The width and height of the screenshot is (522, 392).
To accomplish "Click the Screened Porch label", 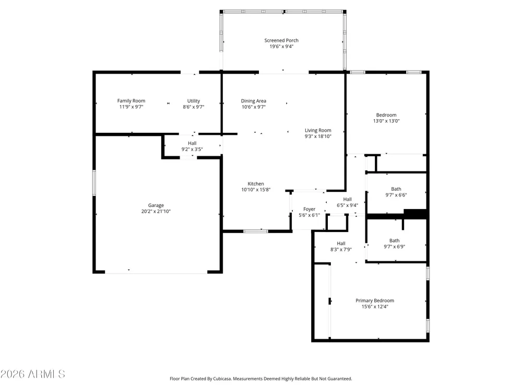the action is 281,40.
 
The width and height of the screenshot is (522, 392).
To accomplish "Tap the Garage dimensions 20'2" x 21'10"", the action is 156,211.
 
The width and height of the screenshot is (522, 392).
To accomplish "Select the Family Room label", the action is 131,101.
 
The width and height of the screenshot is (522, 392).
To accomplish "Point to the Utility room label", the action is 194,101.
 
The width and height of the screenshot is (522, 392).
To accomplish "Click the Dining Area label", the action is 254,101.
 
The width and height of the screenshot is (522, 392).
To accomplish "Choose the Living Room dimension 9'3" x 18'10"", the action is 318,136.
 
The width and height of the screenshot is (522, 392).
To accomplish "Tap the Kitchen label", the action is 256,183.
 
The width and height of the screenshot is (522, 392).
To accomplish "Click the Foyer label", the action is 309,209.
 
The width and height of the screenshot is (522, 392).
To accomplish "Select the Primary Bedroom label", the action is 375,301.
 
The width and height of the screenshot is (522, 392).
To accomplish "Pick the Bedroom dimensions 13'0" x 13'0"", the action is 386,121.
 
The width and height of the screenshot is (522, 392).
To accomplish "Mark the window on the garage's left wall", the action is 94,182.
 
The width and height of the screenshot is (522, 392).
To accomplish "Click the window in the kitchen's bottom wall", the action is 256,231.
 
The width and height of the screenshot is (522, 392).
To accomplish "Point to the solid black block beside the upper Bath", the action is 415,214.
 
